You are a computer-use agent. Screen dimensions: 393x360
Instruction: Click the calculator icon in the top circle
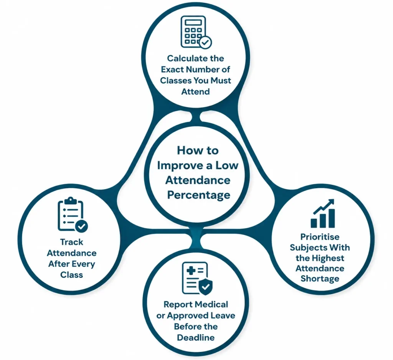pos(196,32)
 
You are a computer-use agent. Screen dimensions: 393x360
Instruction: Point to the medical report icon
pos(197,278)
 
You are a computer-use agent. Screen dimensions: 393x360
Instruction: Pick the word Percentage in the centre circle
pos(199,195)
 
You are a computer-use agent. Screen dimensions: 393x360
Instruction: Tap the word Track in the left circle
pos(72,242)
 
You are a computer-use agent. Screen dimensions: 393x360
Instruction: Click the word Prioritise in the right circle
pos(320,237)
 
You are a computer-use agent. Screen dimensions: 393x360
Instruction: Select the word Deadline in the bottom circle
pos(196,337)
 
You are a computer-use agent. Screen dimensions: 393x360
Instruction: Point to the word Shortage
pos(320,279)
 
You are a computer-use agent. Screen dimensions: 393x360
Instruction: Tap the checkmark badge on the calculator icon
pos(205,42)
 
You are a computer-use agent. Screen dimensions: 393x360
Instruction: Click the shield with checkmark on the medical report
pos(206,286)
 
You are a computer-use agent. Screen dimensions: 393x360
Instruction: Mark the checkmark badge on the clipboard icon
pos(81,226)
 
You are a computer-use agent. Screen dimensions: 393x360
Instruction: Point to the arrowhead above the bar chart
pos(332,201)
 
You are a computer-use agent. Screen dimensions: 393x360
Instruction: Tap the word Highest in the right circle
pos(328,258)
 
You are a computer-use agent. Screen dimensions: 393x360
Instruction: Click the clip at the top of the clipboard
pos(71,200)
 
